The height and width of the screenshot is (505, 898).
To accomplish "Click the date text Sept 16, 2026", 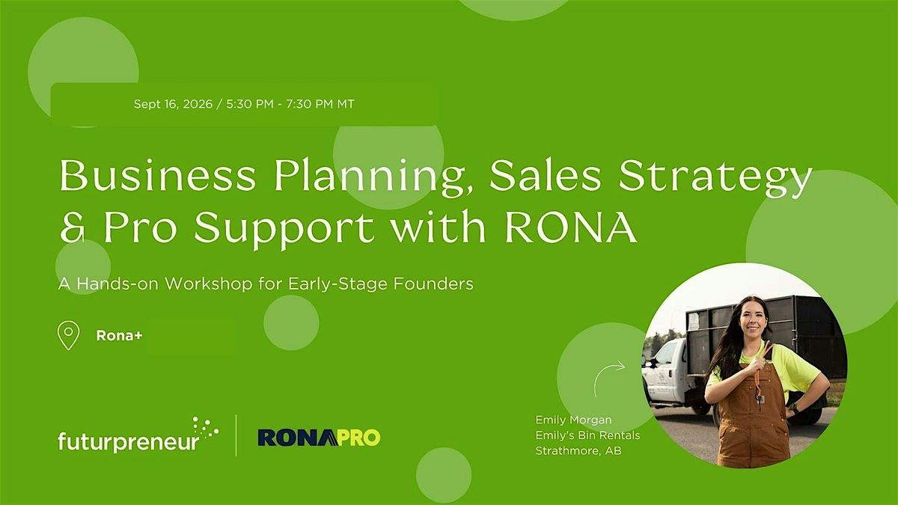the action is click(173, 104).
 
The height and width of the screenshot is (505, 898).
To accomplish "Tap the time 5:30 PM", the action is click(250, 104).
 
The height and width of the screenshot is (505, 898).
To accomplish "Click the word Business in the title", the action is click(158, 176).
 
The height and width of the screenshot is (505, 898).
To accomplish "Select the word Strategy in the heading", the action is click(715, 178).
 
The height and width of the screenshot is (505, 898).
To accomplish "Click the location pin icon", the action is click(69, 336).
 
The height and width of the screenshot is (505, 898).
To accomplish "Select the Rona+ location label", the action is click(119, 336).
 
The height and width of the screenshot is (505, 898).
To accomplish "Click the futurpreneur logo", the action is click(138, 435).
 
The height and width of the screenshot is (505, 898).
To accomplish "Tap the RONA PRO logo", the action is click(319, 438).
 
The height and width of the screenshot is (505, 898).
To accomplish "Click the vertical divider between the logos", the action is click(236, 435).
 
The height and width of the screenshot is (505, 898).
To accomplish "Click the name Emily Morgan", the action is click(573, 420).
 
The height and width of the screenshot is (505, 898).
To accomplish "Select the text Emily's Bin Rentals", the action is click(587, 435).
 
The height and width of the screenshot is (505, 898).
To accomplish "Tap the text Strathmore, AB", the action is click(578, 451).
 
